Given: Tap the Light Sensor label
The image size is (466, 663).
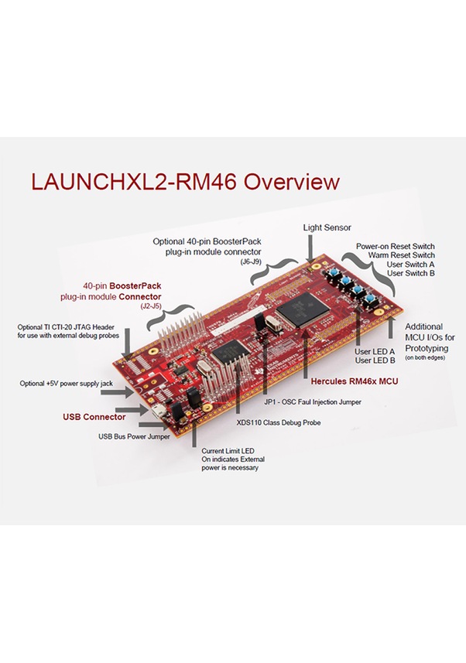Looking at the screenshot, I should click(x=327, y=227).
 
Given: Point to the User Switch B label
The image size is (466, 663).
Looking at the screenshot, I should click(x=410, y=273).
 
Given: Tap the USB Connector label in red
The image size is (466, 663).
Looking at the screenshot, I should click(x=94, y=417).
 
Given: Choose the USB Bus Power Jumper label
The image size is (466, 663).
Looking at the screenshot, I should click(x=134, y=436).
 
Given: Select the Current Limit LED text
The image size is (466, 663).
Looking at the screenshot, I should click(x=228, y=450).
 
